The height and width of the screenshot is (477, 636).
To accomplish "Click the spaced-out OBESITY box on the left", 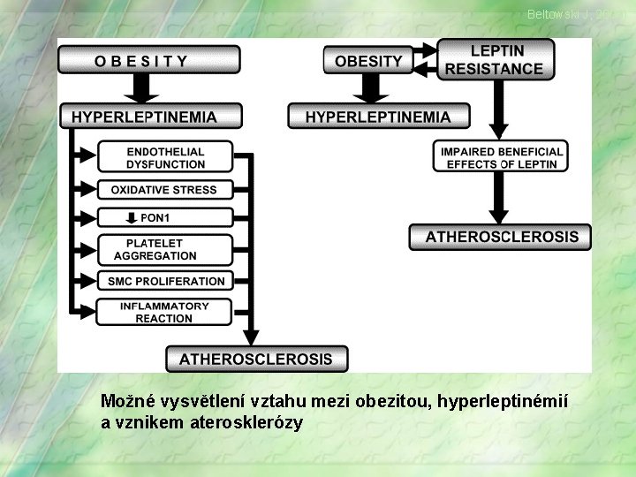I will click(148, 60).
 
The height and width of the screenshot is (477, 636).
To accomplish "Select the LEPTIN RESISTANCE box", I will click(495, 60).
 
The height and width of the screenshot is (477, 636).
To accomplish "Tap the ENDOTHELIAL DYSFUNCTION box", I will click(165, 157).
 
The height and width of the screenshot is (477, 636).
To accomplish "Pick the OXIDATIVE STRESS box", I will click(164, 189).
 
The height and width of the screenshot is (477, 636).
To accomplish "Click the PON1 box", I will click(164, 217).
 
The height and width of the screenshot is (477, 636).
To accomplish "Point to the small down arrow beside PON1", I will click(132, 217).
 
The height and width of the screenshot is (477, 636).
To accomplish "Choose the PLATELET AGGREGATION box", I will click(164, 249).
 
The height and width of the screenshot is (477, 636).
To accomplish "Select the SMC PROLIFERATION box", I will click(165, 281).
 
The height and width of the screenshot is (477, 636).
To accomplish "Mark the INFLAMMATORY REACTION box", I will click(164, 312).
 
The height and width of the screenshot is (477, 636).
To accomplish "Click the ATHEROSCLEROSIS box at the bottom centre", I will click(256, 359).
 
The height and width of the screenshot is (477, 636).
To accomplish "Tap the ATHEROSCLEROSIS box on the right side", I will click(501, 237).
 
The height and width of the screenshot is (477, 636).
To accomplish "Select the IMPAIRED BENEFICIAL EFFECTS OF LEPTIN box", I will click(501, 157).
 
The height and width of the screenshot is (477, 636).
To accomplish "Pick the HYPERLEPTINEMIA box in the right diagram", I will click(377, 116).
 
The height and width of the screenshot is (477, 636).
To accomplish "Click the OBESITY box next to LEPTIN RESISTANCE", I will click(368, 61).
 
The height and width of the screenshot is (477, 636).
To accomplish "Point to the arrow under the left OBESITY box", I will click(141, 87).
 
